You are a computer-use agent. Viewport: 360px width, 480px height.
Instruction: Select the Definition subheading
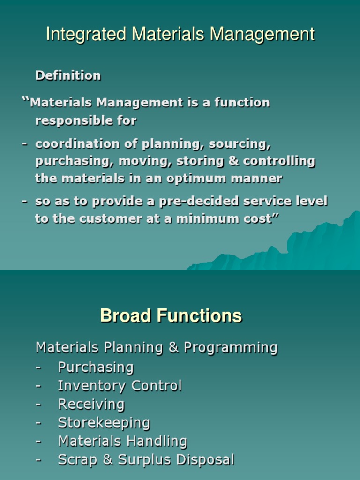click(68, 75)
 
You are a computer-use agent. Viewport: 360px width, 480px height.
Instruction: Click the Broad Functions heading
click(171, 316)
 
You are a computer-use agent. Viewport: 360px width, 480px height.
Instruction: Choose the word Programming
click(231, 348)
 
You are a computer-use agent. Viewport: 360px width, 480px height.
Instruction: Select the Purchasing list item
click(96, 367)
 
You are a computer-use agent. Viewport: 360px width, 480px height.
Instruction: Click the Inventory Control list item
click(120, 386)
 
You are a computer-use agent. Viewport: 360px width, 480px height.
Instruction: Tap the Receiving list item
click(91, 404)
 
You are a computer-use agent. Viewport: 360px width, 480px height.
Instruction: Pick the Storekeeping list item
click(104, 423)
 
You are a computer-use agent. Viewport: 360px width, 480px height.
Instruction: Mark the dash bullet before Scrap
click(39, 460)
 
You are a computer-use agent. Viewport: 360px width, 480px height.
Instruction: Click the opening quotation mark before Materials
click(25, 101)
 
